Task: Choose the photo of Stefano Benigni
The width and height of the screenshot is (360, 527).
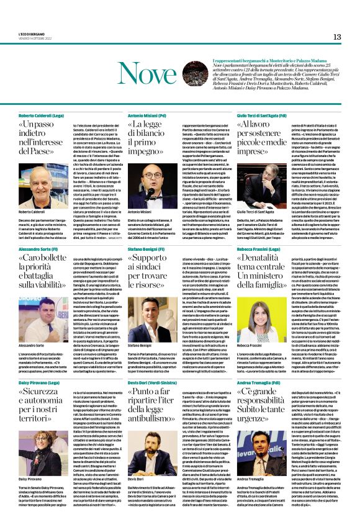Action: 144,315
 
